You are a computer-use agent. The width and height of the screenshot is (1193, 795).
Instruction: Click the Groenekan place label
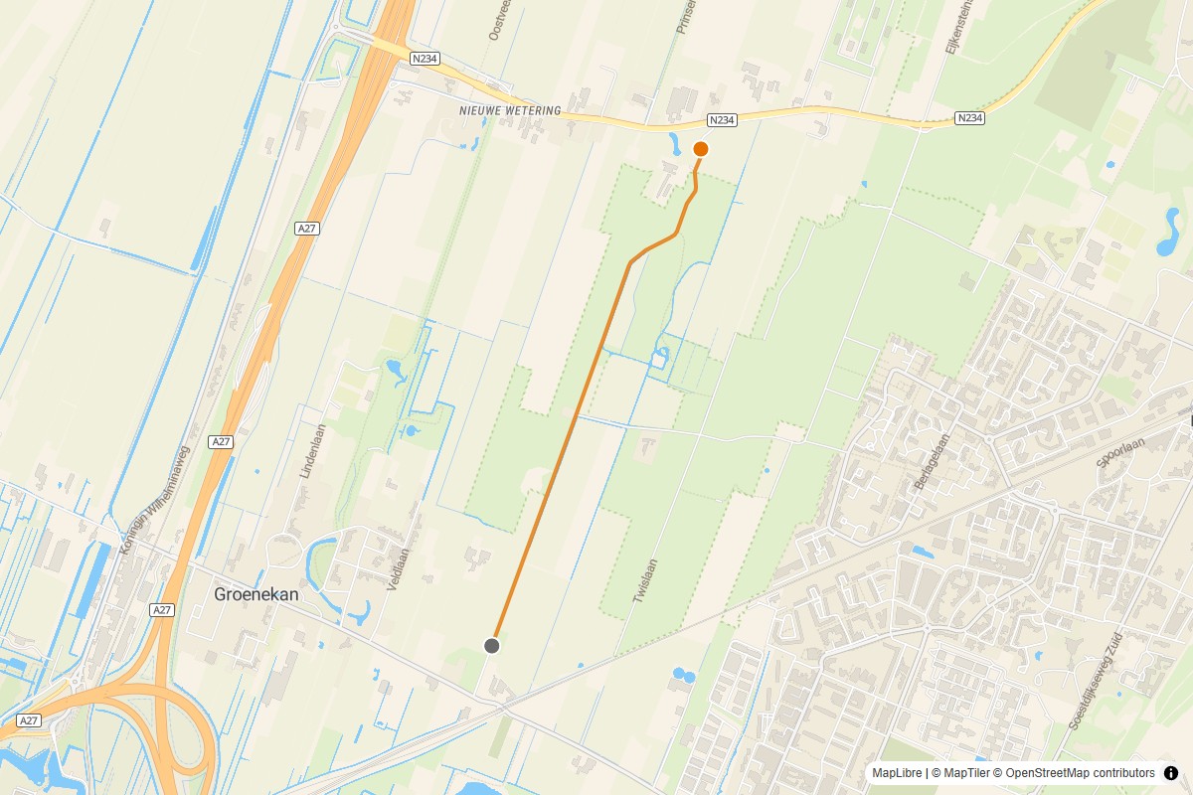click(256, 594)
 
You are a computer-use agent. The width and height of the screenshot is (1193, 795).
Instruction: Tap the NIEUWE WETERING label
click(510, 110)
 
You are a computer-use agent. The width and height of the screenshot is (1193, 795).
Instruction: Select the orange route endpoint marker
click(700, 149)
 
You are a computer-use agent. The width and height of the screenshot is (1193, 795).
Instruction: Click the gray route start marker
click(491, 646)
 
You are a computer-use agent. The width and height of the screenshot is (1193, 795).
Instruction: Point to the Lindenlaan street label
click(313, 452)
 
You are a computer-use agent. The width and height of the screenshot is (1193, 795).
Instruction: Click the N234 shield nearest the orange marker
click(722, 120)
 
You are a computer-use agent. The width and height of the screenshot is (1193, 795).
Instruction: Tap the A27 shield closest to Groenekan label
click(162, 609)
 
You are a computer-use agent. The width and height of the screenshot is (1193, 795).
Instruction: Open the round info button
click(1170, 773)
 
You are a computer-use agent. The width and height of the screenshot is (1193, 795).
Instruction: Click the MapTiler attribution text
click(960, 773)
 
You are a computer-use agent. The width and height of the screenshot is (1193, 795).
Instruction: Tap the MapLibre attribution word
click(896, 773)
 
